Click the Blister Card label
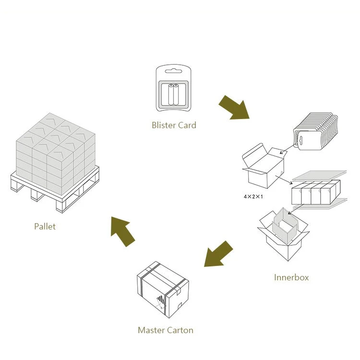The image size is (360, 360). click(174, 125)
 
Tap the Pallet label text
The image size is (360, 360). click(45, 226)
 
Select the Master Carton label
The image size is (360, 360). click(166, 330)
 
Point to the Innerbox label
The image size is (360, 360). click(291, 277)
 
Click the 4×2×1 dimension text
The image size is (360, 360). click(253, 197)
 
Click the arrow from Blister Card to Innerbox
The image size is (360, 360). click(234, 107)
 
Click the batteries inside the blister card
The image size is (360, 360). click(173, 94)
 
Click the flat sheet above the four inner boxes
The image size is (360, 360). click(319, 173)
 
